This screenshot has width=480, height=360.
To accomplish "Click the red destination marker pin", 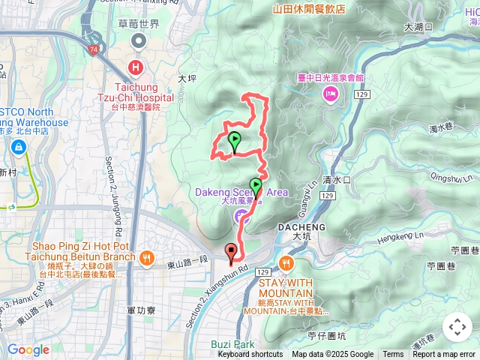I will (x=231, y=253).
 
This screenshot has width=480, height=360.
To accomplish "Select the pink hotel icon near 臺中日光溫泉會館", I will (x=329, y=93).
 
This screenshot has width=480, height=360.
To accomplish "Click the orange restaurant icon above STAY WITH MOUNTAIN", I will (x=286, y=262).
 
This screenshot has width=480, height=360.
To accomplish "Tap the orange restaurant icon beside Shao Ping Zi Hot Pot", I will (x=145, y=257).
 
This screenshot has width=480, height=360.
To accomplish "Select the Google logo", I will (x=28, y=349).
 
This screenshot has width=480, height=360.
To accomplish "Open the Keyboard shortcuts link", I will (x=250, y=355).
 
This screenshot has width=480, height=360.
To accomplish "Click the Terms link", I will (x=393, y=355).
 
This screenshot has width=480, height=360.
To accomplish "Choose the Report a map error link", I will (x=445, y=355).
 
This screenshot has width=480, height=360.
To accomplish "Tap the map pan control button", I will (x=457, y=327).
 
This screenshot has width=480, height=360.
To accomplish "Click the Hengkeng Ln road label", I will (x=406, y=237).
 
